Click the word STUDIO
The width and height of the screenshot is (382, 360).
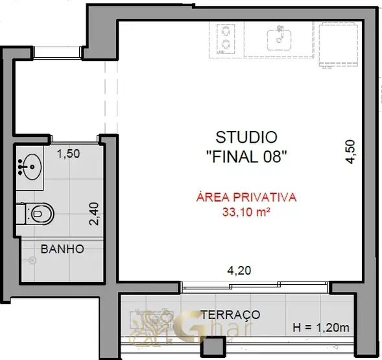(246, 138)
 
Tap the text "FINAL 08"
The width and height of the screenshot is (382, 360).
(246, 156)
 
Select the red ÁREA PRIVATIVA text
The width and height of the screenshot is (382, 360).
(246, 197)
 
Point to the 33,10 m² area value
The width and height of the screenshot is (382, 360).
(246, 212)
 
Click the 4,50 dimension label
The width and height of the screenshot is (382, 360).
(351, 152)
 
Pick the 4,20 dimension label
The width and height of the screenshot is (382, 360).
(239, 270)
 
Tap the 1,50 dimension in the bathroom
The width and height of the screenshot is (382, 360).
(68, 154)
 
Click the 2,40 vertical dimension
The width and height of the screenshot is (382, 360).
(94, 214)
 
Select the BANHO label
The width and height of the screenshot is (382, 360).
(63, 249)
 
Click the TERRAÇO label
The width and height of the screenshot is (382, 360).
(230, 315)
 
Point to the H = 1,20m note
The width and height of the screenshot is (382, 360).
(321, 328)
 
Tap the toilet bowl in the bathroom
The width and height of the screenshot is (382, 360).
(40, 214)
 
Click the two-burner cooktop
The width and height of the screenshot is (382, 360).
(226, 39)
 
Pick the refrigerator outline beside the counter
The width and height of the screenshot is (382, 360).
(339, 44)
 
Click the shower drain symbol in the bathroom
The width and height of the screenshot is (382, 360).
(32, 261)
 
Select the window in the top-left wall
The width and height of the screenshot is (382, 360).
(57, 53)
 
